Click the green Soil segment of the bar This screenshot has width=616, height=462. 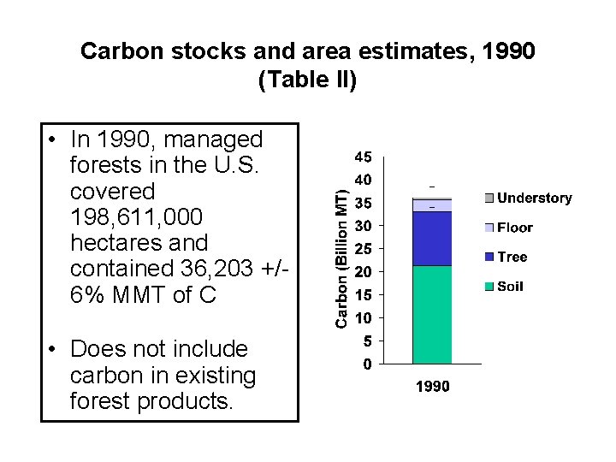point(432,315)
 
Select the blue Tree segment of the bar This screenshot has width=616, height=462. point(432,239)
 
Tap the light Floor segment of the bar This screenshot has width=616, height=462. point(432,205)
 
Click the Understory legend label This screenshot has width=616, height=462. point(534,198)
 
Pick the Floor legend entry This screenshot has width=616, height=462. point(514,228)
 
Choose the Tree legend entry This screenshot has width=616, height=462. point(512,257)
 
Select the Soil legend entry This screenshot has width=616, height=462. point(510,287)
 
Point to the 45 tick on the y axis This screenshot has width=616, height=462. point(363,157)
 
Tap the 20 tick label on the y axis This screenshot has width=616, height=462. point(363,272)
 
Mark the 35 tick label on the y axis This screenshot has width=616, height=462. point(363,204)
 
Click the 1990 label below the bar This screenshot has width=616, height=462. point(432,388)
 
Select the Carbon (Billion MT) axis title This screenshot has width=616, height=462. point(341,258)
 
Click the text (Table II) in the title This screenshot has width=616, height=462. point(307,80)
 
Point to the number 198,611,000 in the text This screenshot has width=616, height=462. point(137,217)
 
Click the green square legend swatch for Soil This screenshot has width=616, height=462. point(489,287)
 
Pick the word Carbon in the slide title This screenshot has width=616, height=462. point(115,51)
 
